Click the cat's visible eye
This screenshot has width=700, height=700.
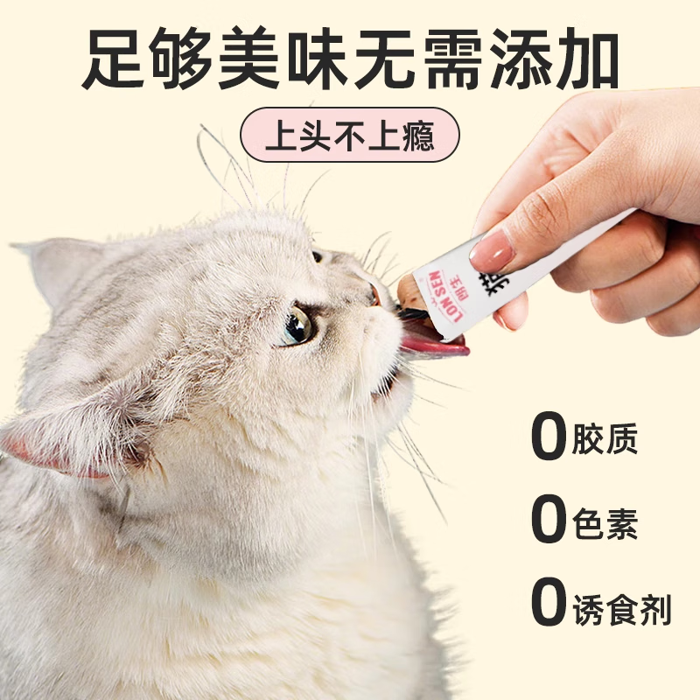coord(297,326)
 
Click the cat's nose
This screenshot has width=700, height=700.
coord(374,293)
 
